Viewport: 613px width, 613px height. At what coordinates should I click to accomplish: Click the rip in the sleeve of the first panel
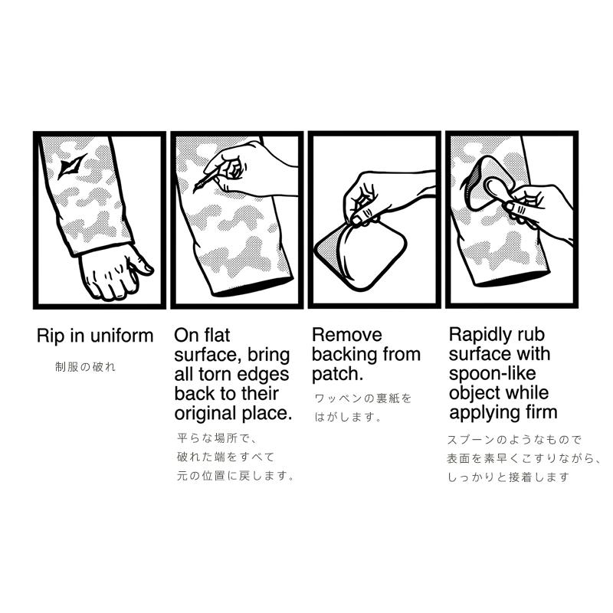[71, 167]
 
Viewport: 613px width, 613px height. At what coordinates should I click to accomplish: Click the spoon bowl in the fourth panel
[495, 189]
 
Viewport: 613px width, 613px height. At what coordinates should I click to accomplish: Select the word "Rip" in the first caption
[50, 336]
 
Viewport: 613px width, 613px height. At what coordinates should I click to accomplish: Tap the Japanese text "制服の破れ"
[85, 367]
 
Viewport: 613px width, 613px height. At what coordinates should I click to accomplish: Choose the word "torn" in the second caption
[216, 374]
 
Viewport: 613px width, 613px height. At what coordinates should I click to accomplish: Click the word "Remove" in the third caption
[347, 335]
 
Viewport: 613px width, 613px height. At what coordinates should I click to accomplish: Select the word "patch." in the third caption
[337, 374]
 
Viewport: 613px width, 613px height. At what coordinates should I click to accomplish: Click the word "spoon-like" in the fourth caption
[492, 374]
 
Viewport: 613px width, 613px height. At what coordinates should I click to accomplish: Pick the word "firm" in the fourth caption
[542, 412]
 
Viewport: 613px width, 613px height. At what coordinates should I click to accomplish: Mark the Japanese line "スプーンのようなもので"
[514, 439]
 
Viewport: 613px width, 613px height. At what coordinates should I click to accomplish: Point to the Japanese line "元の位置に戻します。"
[235, 476]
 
